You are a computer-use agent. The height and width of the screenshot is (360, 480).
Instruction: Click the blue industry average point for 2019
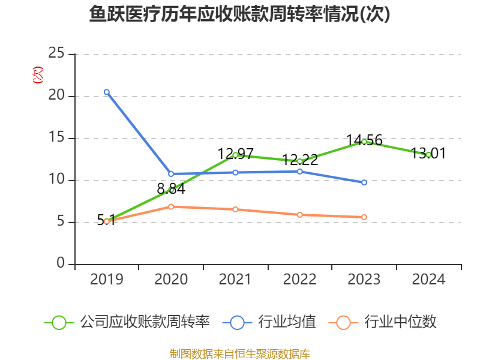(107, 92)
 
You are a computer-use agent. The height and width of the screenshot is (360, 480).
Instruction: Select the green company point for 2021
(235, 155)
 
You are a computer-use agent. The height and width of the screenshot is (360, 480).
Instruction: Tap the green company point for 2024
(428, 154)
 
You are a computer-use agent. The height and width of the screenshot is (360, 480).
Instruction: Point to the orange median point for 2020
(171, 206)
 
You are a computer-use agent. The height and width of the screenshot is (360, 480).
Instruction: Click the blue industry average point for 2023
(364, 182)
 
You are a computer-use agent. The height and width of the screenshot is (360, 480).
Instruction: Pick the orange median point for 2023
(364, 217)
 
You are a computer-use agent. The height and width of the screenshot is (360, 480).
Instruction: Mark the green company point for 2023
(364, 142)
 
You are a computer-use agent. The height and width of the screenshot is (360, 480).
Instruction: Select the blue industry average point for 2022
(300, 171)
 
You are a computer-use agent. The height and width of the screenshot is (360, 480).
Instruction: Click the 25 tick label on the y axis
(56, 53)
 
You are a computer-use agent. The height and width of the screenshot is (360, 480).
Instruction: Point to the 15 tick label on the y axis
(56, 137)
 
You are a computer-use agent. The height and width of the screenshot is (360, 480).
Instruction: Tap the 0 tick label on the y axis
(61, 263)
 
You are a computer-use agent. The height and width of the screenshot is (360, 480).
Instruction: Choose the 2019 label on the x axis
(107, 279)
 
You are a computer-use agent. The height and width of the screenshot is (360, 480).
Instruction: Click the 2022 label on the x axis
(300, 279)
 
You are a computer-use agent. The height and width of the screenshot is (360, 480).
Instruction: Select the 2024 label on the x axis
(428, 279)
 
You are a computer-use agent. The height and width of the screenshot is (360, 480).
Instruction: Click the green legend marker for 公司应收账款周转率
(59, 322)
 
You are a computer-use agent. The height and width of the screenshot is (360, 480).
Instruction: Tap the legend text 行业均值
(287, 322)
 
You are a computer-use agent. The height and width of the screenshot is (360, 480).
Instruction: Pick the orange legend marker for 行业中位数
(343, 322)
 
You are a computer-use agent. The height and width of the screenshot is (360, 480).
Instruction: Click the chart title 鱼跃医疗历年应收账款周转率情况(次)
(240, 14)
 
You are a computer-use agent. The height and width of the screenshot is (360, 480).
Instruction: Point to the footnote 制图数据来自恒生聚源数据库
(240, 353)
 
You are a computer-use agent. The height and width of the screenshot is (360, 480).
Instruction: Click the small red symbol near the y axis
(38, 75)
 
